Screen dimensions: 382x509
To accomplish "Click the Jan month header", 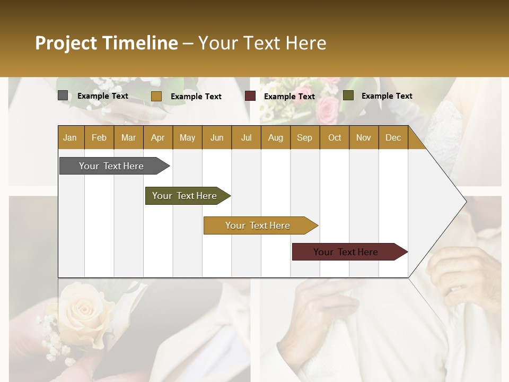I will tap(70, 138).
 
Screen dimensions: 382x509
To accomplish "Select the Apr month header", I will tap(158, 138).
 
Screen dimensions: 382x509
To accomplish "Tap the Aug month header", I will tap(276, 138).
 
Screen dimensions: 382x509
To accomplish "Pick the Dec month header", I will tap(393, 138).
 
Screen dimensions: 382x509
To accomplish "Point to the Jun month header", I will tap(217, 138).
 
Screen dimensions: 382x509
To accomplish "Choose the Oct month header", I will tap(335, 138).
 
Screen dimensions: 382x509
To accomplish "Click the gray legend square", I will tap(63, 95).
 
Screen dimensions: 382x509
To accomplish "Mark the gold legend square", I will tap(156, 96).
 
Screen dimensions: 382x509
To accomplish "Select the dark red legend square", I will tap(250, 96).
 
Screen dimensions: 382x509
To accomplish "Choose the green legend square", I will tap(348, 95).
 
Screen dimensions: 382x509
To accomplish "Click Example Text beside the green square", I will tap(387, 96).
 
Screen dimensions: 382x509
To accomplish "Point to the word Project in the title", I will tap(65, 43).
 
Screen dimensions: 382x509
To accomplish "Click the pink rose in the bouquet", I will tap(327, 109).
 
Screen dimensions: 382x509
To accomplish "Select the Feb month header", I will tap(99, 138).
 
